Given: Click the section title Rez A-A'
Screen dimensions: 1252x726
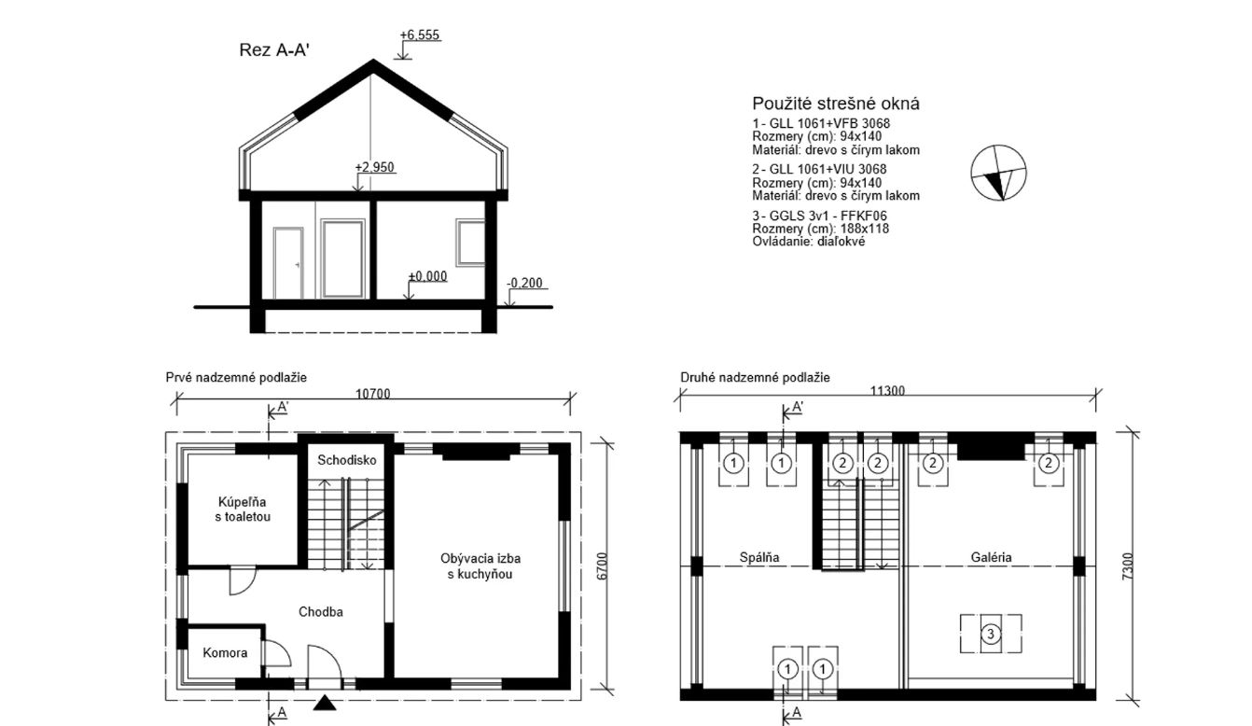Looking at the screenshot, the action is click(x=274, y=49).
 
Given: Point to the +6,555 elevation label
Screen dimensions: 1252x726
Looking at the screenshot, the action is click(x=420, y=35).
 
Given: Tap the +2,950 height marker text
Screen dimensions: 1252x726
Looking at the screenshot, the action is click(x=374, y=167).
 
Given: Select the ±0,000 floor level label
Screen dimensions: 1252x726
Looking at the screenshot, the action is click(x=427, y=276).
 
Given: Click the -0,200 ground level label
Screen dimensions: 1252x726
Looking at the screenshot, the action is click(x=525, y=283).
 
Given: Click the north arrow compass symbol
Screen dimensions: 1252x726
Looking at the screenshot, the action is click(x=998, y=173).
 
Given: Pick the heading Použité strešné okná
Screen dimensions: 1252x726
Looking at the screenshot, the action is click(x=836, y=104).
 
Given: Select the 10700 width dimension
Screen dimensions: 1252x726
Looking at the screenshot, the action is click(x=373, y=394).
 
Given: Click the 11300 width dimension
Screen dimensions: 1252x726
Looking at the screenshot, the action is click(x=887, y=391).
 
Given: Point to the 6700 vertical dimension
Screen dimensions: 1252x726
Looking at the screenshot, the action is click(x=602, y=566).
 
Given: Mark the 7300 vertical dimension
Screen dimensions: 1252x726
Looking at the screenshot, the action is click(x=1128, y=566).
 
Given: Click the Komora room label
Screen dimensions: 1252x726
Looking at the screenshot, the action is click(x=225, y=653).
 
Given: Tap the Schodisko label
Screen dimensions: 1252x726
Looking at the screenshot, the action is click(x=347, y=460).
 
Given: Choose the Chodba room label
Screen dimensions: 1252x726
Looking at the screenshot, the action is click(x=321, y=612).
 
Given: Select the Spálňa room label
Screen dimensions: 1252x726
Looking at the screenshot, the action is click(x=759, y=557).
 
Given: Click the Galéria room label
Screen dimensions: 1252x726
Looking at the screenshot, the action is click(x=991, y=557).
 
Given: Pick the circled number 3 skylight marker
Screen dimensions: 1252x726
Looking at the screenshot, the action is click(x=991, y=634).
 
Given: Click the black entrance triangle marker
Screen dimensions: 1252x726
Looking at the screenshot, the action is click(x=325, y=703).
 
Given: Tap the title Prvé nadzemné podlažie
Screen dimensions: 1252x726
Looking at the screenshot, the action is click(x=236, y=377).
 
